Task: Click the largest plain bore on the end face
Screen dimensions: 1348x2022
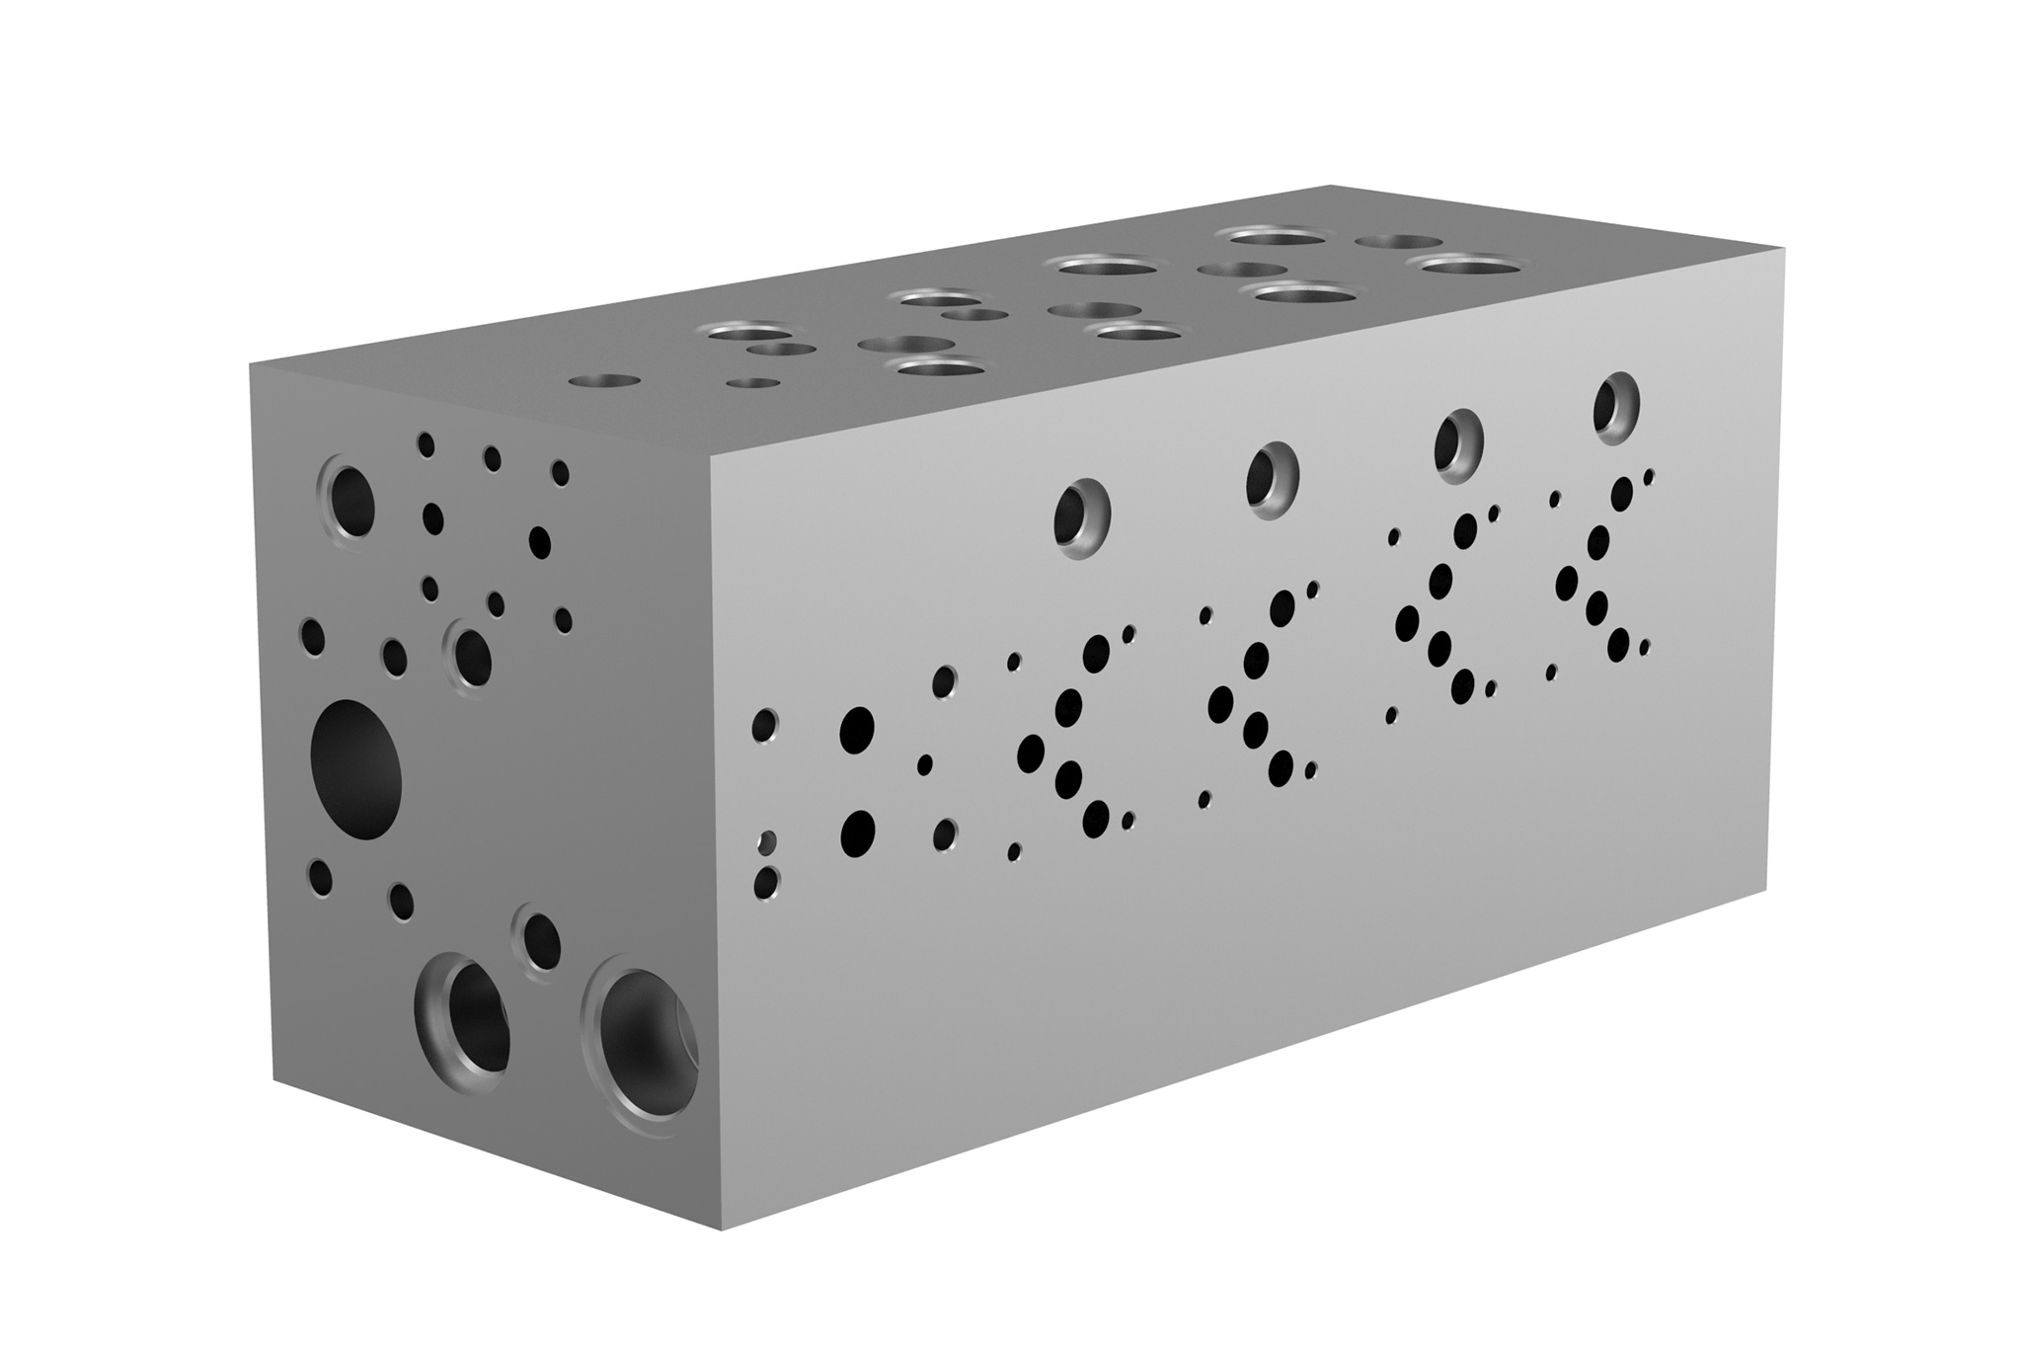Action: pos(355,769)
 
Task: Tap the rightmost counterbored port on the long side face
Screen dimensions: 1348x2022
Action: pos(1616,406)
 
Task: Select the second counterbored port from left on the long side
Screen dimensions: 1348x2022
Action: pos(1272,478)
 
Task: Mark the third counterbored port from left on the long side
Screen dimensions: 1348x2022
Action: pos(1458,443)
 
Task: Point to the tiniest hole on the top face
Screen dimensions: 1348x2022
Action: pos(752,383)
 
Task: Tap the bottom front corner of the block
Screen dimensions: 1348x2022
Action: pos(722,1229)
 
